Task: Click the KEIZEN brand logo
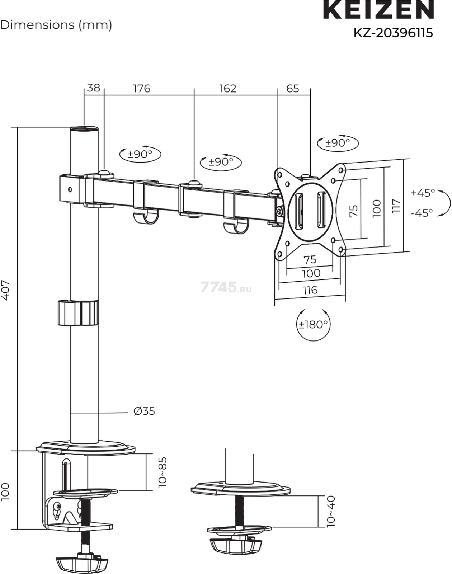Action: tap(378, 10)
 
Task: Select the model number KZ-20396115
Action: tap(393, 33)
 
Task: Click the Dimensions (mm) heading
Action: tap(56, 25)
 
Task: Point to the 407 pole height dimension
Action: tap(6, 290)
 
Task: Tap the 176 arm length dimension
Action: tap(142, 88)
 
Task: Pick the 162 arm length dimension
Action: tap(228, 88)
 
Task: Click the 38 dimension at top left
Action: tap(94, 88)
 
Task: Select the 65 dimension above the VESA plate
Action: tap(293, 88)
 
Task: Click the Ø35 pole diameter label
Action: tap(144, 411)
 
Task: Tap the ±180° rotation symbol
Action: tap(313, 324)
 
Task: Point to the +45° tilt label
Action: tap(423, 193)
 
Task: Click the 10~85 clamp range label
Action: tap(163, 471)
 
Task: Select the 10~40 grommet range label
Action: tap(331, 511)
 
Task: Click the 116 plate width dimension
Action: tap(310, 290)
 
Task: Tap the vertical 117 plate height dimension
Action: tap(396, 206)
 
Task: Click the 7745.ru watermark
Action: tap(226, 287)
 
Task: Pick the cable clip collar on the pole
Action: tap(78, 313)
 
